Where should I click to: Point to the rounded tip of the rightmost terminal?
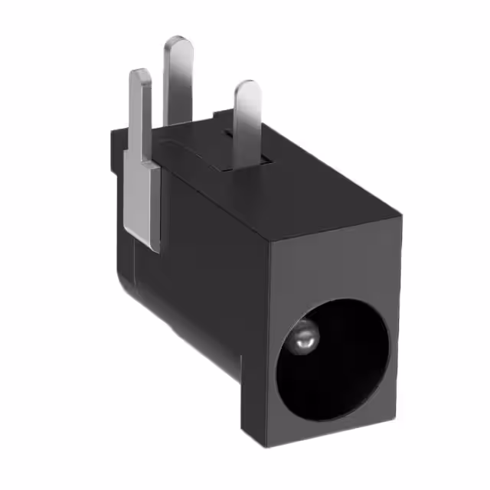click(x=248, y=89)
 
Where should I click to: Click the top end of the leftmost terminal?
click(x=139, y=75)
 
